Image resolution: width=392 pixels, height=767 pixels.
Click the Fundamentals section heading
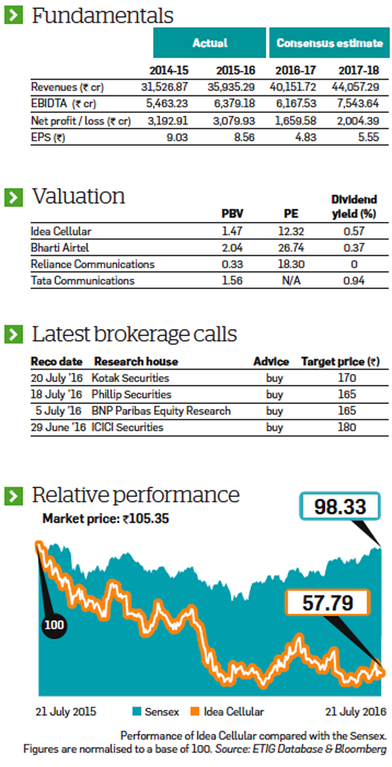(x=103, y=16)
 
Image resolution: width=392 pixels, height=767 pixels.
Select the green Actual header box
(x=210, y=43)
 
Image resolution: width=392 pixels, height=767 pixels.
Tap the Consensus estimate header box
(x=329, y=43)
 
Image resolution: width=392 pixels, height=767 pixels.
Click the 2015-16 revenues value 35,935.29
(x=229, y=87)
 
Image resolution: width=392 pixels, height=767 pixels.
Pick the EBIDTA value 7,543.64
(x=357, y=103)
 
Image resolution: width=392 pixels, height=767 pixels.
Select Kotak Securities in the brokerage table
(x=131, y=378)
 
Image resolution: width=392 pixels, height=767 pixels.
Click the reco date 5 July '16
(x=59, y=411)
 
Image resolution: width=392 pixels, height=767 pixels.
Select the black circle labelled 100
(x=54, y=625)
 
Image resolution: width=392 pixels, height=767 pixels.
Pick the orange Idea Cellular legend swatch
(x=195, y=711)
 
